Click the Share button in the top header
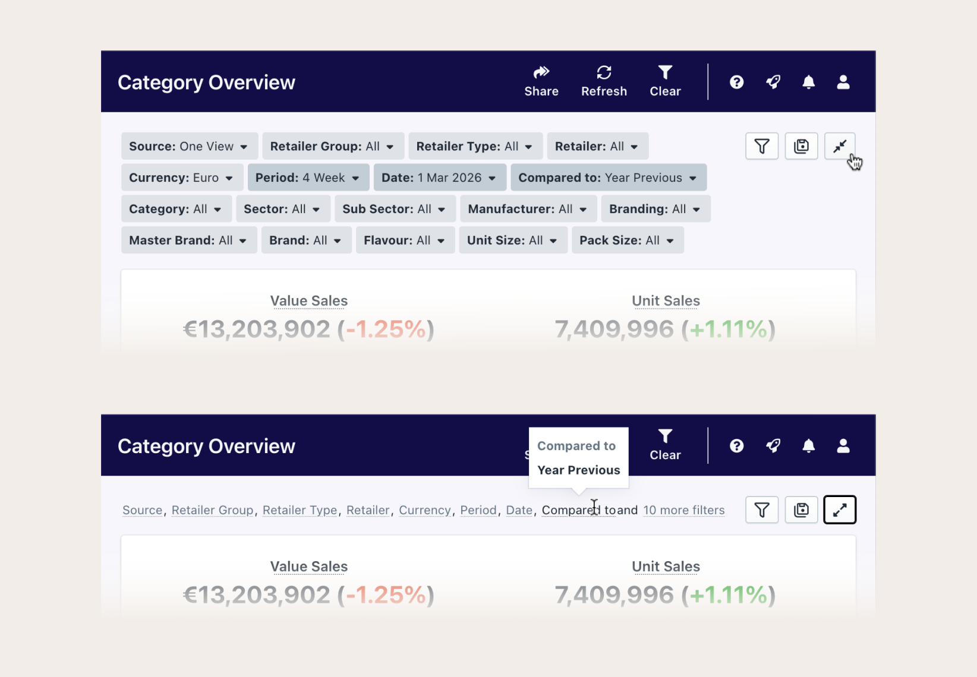click(541, 81)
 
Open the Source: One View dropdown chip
click(189, 146)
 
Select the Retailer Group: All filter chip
click(332, 146)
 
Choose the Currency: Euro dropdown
click(181, 178)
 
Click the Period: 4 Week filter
click(308, 178)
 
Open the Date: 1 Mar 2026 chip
click(439, 178)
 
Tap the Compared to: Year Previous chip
click(608, 178)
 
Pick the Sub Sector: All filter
click(394, 209)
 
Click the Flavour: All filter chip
click(405, 241)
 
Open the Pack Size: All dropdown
click(627, 241)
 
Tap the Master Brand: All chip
click(188, 241)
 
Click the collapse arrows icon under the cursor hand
click(839, 146)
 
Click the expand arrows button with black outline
click(839, 510)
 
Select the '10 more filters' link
click(683, 510)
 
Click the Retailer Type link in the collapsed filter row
click(300, 510)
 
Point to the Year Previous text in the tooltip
click(578, 470)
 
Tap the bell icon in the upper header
click(808, 82)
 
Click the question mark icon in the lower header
click(736, 446)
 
